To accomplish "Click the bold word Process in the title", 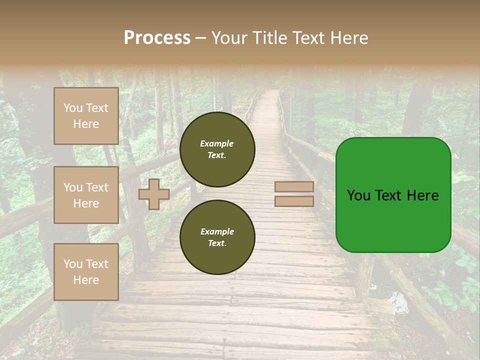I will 157,38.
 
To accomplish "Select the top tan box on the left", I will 86,116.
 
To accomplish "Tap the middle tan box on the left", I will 86,195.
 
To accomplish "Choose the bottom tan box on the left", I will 86,272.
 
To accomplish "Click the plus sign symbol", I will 154,194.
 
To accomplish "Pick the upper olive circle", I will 217,149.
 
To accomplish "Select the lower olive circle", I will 217,237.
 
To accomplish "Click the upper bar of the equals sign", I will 294,186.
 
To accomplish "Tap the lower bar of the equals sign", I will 294,201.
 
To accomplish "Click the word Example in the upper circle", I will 216,143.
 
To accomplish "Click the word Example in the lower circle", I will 217,231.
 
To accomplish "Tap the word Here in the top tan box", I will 86,124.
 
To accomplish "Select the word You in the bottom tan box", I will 73,264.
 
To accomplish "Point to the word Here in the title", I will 348,38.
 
